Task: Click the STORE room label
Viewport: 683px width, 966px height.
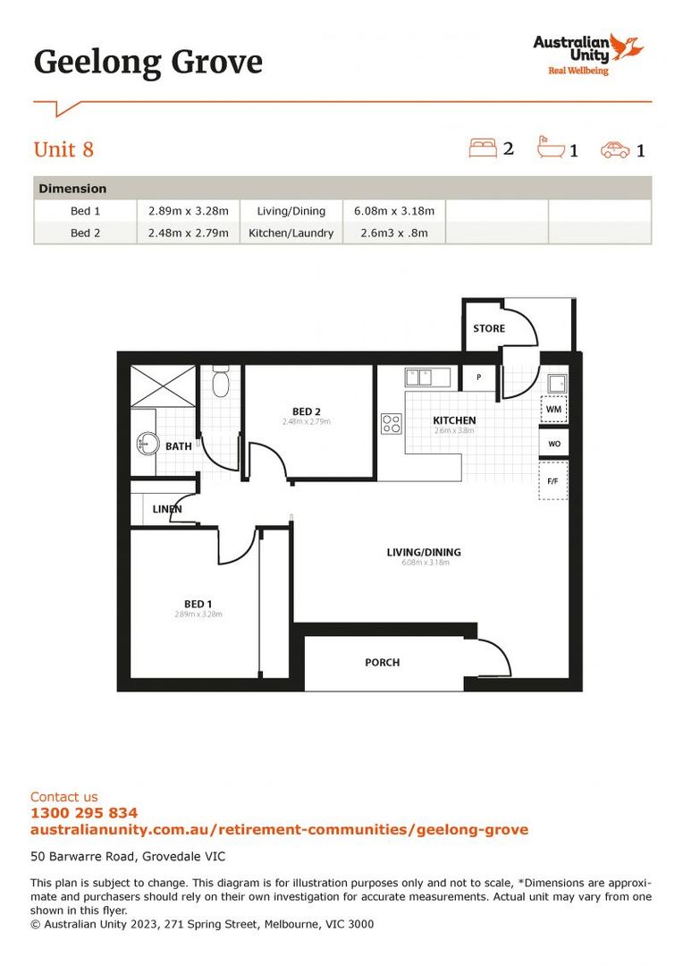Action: coord(489,328)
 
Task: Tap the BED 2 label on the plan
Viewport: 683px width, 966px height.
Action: coord(307,411)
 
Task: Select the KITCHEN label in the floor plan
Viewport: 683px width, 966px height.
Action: coord(454,420)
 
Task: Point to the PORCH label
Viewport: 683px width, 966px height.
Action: coord(382,663)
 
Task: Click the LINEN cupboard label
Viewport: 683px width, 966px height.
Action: coord(167,509)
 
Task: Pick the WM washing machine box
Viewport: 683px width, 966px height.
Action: coord(553,410)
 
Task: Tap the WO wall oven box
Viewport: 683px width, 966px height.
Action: coord(553,444)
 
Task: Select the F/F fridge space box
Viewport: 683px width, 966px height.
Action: coord(552,481)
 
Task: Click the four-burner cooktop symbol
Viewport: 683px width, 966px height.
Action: coord(392,423)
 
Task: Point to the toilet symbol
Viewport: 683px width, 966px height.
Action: coord(222,383)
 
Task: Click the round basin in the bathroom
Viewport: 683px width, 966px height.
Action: coord(147,443)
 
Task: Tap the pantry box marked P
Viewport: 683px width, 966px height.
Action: coord(479,377)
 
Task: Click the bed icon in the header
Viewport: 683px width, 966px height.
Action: coord(483,148)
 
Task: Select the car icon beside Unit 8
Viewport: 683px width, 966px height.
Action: coord(615,149)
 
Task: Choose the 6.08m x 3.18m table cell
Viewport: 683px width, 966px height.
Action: coord(394,211)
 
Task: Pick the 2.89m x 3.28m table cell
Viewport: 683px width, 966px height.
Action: coord(188,211)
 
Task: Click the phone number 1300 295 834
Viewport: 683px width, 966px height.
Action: coord(84,813)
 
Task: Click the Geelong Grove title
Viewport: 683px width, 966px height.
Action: coord(148,63)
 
